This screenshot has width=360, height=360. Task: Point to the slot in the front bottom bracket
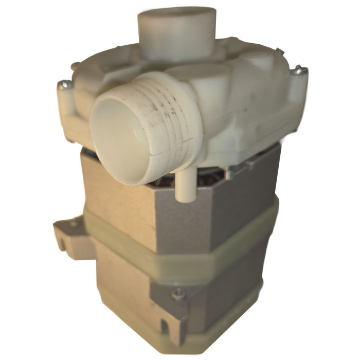(x=165, y=325)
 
